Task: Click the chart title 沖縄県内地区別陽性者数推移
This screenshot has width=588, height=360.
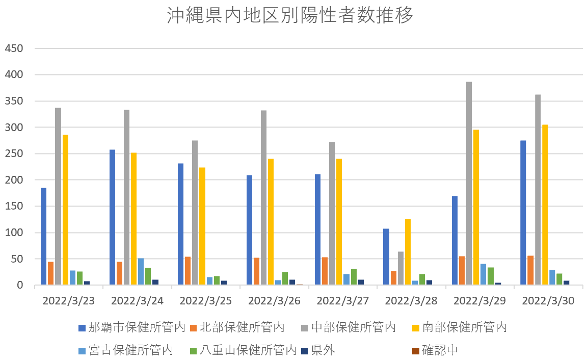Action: (x=290, y=16)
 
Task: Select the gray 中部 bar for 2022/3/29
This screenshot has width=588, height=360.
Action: (x=469, y=184)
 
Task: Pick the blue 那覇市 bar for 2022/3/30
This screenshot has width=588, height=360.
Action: (x=523, y=213)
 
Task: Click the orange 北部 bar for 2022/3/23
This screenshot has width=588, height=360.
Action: (x=50, y=273)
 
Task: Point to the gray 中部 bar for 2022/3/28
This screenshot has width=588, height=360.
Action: (x=400, y=268)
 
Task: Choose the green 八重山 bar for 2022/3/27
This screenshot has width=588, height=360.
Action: (x=354, y=277)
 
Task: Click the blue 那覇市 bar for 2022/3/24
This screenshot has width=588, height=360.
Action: (x=112, y=217)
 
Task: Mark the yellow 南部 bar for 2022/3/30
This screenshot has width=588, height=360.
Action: (x=545, y=205)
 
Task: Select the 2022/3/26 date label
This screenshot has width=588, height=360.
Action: (x=274, y=301)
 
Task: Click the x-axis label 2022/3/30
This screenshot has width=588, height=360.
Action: (x=548, y=301)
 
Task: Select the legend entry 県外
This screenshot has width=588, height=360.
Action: (x=323, y=350)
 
